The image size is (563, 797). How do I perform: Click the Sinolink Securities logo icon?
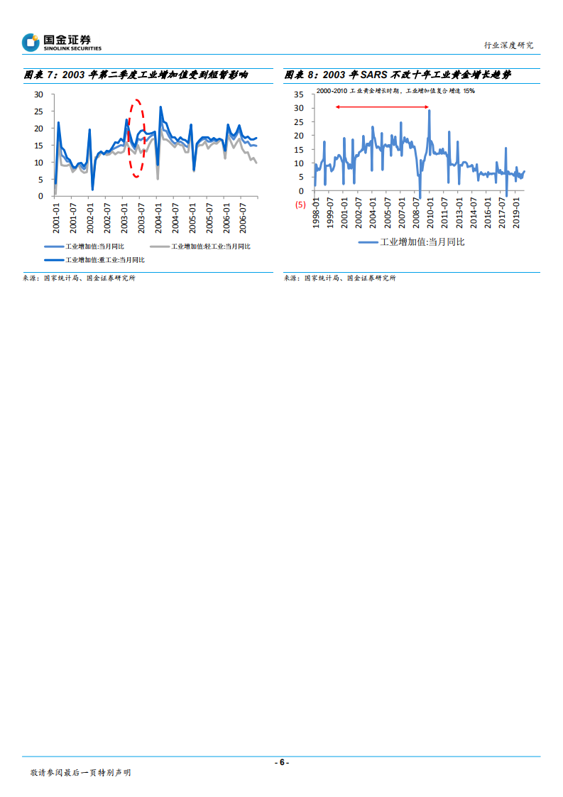tap(31, 43)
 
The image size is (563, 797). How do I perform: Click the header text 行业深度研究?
tap(508, 45)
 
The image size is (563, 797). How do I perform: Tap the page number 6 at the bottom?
tap(282, 762)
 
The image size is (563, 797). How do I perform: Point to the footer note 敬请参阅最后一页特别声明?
tap(80, 773)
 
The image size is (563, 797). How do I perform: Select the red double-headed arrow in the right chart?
tap(383, 107)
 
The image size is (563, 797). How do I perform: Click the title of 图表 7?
tap(136, 75)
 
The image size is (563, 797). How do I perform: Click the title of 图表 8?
tap(398, 75)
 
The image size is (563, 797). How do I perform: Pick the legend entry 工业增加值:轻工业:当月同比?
tap(200, 246)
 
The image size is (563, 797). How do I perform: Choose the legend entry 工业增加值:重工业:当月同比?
tap(95, 261)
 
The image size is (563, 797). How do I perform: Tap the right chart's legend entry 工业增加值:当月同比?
tap(412, 242)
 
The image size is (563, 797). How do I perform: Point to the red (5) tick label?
tap(300, 205)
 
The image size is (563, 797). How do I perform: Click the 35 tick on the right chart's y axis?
tap(299, 94)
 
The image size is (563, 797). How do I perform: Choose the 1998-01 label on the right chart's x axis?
tap(316, 213)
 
